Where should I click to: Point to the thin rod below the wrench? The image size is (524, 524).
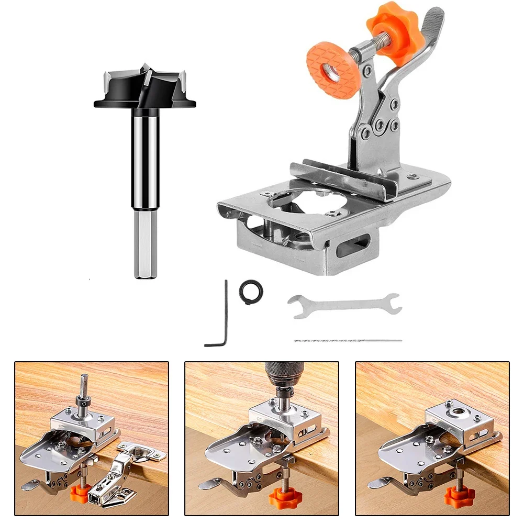[348, 340]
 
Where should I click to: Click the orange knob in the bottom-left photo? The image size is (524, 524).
[80, 492]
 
